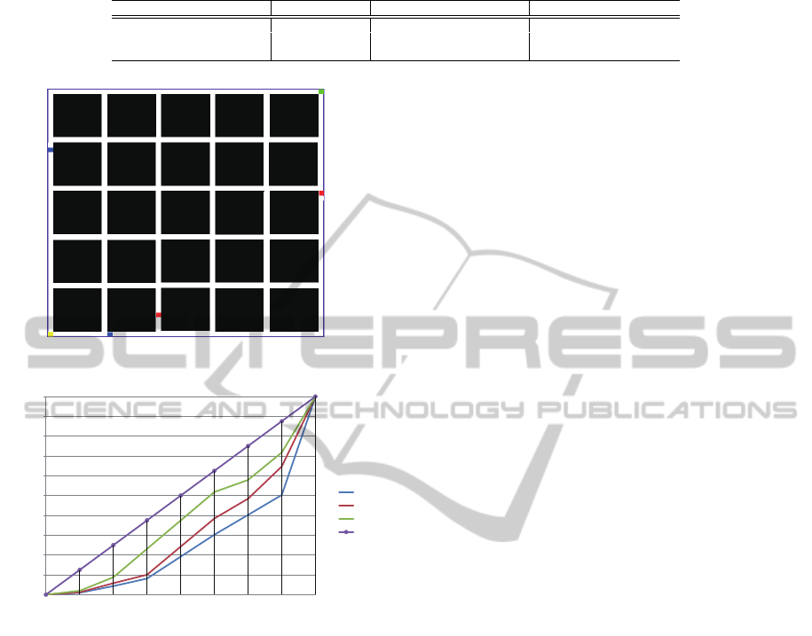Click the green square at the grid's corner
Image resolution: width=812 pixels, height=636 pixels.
321,91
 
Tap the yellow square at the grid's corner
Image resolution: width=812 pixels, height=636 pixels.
51,334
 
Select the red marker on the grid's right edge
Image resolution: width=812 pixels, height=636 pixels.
321,193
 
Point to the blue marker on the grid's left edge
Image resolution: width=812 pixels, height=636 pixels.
51,150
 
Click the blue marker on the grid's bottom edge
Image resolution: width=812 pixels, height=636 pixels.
110,334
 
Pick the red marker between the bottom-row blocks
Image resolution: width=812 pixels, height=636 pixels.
159,315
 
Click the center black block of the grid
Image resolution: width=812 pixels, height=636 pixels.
185,213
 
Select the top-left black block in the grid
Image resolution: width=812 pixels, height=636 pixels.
78,115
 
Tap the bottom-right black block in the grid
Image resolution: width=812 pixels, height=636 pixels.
294,310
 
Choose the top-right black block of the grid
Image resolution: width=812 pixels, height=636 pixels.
294,115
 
